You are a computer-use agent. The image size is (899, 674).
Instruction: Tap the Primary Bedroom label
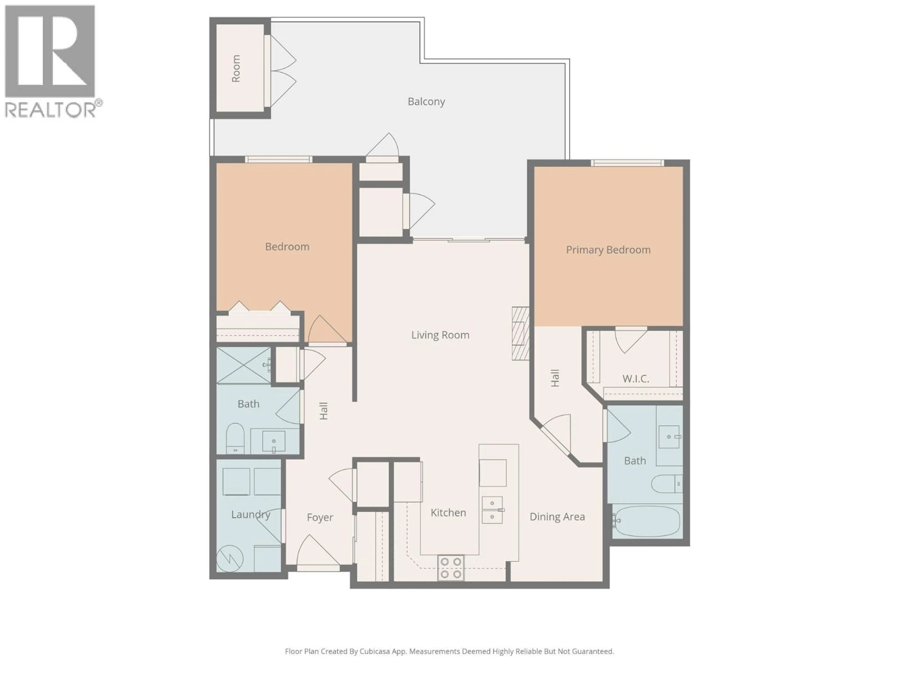click(608, 250)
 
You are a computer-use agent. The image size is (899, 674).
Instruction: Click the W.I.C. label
click(636, 379)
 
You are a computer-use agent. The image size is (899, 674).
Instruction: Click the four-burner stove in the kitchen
click(451, 568)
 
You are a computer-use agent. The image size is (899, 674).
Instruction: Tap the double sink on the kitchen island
click(492, 510)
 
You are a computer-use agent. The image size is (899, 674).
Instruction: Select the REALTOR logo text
click(51, 110)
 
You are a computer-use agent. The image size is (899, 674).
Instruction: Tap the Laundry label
click(250, 515)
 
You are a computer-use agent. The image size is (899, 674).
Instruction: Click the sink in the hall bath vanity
click(273, 441)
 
